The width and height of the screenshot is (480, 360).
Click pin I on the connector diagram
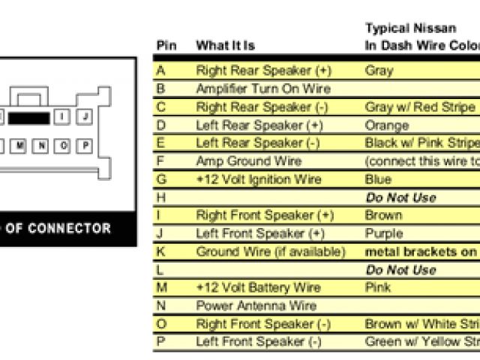[x=63, y=117]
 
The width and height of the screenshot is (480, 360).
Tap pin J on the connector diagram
[x=85, y=117]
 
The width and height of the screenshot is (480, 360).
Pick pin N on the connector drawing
[x=42, y=145]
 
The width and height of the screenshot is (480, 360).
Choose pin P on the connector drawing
[x=85, y=145]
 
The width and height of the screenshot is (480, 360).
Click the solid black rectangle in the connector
[x=29, y=118]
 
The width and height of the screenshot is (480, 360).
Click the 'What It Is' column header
[x=225, y=46]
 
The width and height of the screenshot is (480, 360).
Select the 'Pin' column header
[x=166, y=46]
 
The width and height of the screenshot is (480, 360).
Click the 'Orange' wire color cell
[x=386, y=125]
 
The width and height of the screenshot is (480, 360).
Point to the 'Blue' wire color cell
[x=378, y=179]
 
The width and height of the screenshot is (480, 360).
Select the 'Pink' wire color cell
[x=378, y=287]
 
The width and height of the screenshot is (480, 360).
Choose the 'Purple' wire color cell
[x=383, y=233]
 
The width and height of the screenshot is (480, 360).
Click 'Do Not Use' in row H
[x=400, y=198]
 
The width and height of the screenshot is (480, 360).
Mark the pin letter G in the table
[x=161, y=179]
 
